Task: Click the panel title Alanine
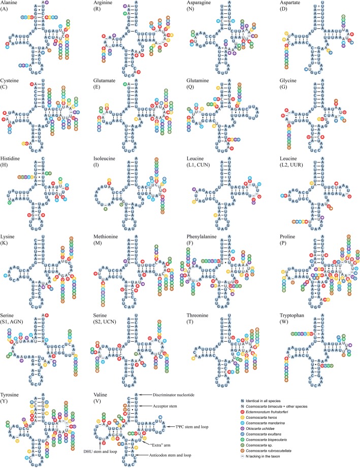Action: (x=11, y=3)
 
